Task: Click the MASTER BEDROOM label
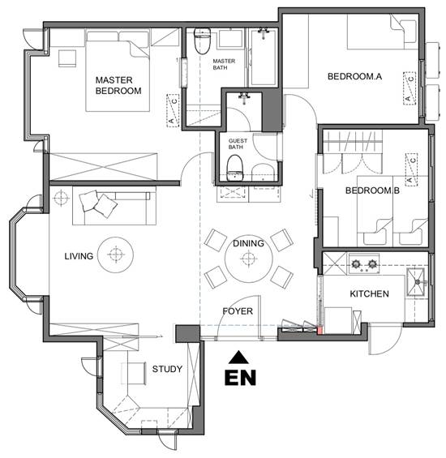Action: pos(118,85)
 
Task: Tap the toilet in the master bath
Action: pos(202,41)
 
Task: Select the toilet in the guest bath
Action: pos(234,168)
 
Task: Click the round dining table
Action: pos(248,259)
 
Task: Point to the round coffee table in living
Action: pos(115,255)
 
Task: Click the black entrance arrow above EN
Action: pos(238,357)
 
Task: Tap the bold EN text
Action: pos(240,378)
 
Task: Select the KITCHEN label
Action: pos(370,293)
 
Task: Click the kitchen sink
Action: pos(416,282)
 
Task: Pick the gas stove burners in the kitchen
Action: pos(364,264)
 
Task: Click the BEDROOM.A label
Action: pos(354,76)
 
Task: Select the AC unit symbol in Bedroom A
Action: pos(410,88)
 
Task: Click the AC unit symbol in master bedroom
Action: pos(173,110)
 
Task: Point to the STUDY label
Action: pos(167,369)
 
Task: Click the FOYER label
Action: pos(238,311)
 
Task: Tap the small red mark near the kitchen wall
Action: pos(320,330)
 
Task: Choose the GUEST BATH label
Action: pos(238,143)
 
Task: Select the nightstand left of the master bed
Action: pos(67,58)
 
